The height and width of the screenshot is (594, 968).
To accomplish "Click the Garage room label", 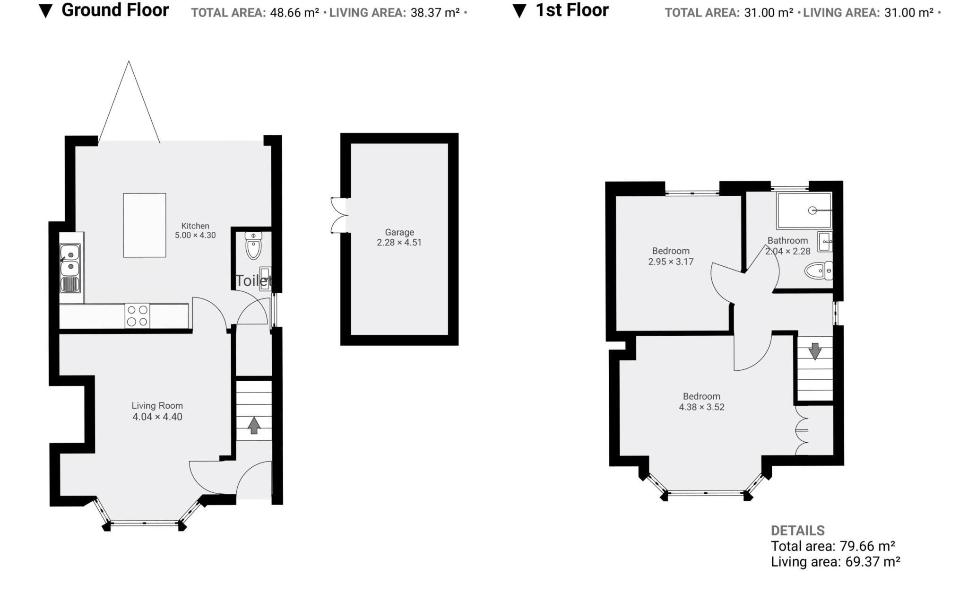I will click(x=399, y=232).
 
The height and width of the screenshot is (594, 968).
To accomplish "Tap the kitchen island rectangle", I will click(x=144, y=225).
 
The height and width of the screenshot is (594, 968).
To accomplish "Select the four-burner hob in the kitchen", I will click(x=137, y=316).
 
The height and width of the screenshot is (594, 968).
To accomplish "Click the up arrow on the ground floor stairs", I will click(x=254, y=425).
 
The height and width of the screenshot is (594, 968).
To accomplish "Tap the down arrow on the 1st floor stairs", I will click(x=815, y=351).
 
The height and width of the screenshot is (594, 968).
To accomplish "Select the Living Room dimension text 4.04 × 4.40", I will click(x=157, y=417).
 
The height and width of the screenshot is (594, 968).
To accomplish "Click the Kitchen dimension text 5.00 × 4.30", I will click(x=195, y=235).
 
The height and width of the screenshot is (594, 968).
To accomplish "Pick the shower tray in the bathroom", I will click(x=804, y=210).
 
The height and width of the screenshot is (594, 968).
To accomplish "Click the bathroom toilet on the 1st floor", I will click(x=818, y=271).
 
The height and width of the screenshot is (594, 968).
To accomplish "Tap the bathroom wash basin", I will click(x=825, y=242).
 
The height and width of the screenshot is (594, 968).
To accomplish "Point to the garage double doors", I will click(x=338, y=215).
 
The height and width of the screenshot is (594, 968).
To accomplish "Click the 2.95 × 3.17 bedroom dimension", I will click(x=671, y=262).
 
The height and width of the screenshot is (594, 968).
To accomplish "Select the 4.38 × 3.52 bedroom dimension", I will click(x=701, y=407).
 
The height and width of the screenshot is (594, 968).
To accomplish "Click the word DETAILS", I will click(x=797, y=530).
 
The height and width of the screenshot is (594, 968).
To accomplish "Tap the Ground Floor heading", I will click(x=115, y=10).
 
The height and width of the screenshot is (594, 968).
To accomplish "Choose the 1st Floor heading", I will click(x=572, y=10).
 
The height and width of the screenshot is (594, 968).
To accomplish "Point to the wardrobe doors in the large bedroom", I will click(x=802, y=430).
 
